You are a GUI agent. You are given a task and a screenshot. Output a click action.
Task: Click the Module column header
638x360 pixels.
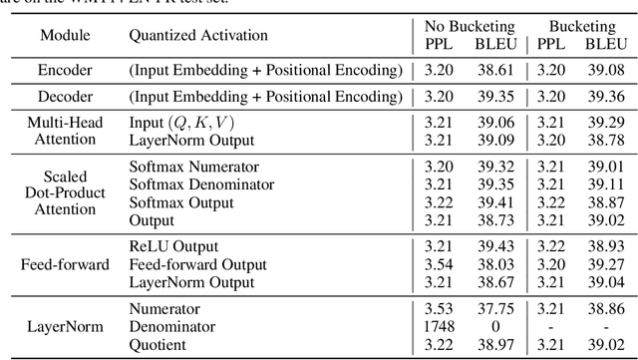63,36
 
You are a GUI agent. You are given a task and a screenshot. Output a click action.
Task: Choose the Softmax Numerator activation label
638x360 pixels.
193,167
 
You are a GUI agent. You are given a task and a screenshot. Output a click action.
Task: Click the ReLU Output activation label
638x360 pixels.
173,246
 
